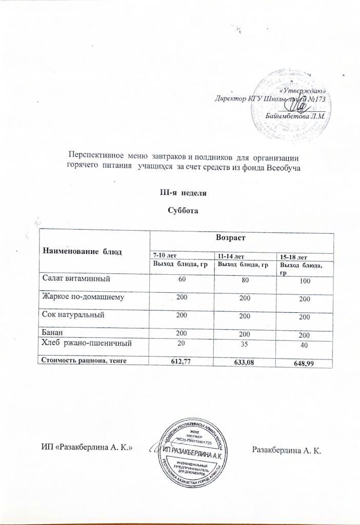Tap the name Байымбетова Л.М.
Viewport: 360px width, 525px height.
[296, 116]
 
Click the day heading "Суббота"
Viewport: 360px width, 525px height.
[183, 211]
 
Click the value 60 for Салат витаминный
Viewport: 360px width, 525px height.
[181, 280]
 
